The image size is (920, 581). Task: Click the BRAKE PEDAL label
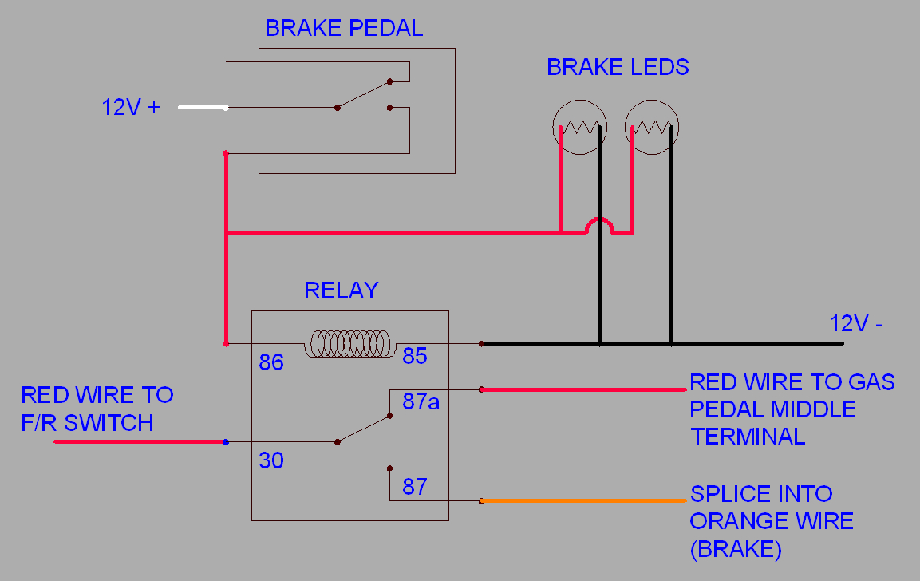[344, 29]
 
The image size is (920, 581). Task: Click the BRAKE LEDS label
[618, 68]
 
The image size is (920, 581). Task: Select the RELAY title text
[341, 290]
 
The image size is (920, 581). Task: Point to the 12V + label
[131, 107]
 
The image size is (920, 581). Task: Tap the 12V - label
[856, 324]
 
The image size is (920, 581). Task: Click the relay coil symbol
[351, 344]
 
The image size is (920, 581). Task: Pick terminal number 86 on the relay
[271, 363]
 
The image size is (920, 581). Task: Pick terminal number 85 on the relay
[415, 356]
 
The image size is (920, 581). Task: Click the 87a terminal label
[421, 402]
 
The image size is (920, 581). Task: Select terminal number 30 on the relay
[271, 460]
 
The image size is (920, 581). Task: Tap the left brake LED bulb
[580, 128]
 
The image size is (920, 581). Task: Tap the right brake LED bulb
[652, 128]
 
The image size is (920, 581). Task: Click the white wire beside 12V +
[203, 108]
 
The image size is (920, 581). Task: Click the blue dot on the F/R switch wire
[227, 441]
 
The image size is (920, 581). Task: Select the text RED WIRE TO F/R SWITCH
[97, 409]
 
